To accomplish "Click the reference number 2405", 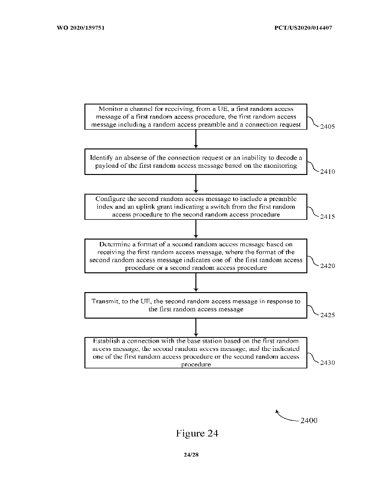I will [x=327, y=128].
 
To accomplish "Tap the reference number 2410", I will [x=327, y=172].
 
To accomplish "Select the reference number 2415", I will [x=327, y=216].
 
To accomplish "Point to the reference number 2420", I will [x=327, y=266].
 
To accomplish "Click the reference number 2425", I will [x=327, y=315].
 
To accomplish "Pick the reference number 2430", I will [x=327, y=363].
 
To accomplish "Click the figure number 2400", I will [x=308, y=420].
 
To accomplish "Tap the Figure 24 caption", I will [x=197, y=433].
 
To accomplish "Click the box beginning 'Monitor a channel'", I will [x=195, y=117].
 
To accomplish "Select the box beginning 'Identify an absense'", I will [x=195, y=161].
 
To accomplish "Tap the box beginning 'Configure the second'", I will [x=195, y=206].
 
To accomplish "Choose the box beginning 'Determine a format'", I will [x=195, y=256].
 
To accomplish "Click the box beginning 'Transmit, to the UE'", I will [x=195, y=305].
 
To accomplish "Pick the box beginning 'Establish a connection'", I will [x=195, y=353].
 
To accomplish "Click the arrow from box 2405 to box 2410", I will [x=195, y=139].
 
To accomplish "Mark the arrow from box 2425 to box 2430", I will [x=195, y=328].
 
